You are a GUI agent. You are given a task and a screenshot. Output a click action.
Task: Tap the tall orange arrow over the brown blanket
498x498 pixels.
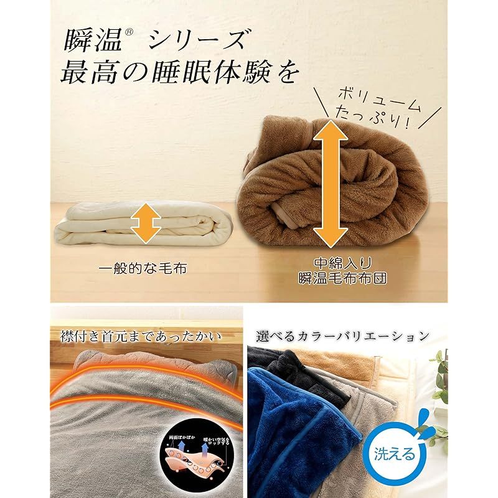click(330, 184)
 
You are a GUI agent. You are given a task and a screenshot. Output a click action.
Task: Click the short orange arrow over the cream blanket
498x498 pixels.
click(148, 220)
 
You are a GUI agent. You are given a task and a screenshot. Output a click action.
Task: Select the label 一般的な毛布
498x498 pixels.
click(143, 270)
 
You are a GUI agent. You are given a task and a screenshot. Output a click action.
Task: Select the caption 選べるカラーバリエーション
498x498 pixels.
click(343, 337)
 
